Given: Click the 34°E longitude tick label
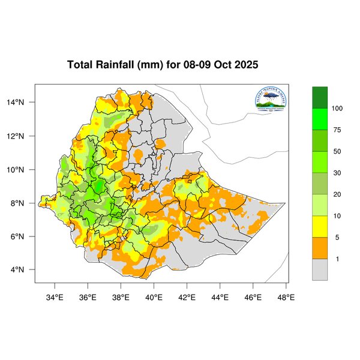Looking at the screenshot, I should coord(55,296).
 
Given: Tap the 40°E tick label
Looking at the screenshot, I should coord(154,296).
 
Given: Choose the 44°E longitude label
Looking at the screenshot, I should coord(220,296).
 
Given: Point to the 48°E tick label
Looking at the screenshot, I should coord(286,296).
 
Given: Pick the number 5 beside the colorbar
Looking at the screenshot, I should coord(336,238).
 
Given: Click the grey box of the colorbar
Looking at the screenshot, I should coord(320,269).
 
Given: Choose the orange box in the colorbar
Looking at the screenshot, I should coord(320,248).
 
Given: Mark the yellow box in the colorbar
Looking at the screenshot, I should coord(320,227).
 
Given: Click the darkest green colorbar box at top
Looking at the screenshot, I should coord(320,97).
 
